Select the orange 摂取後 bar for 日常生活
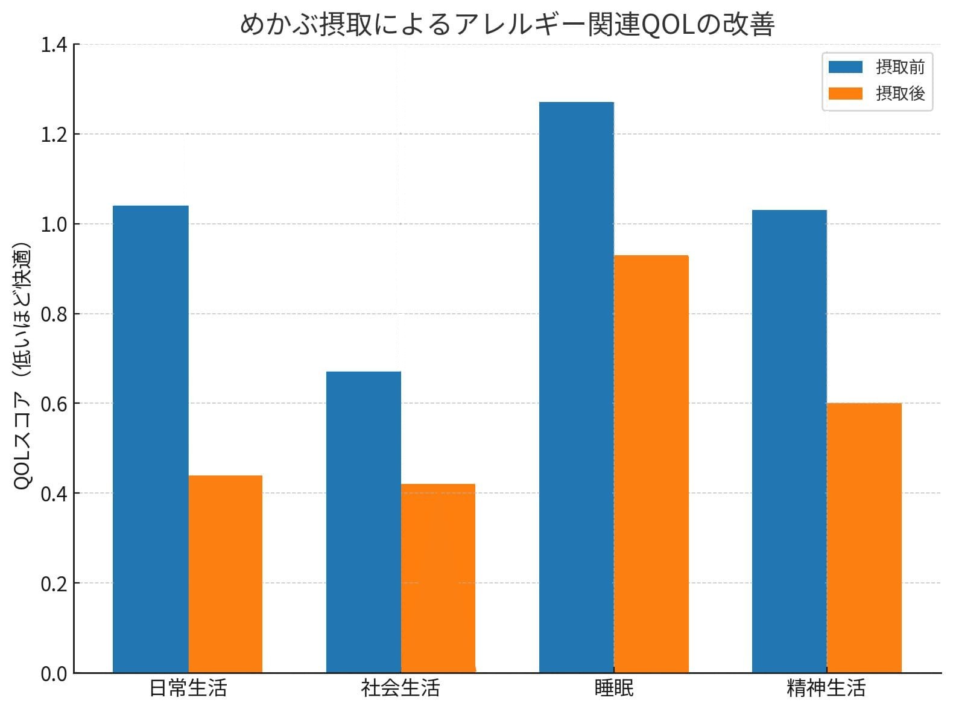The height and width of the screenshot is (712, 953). tap(226, 574)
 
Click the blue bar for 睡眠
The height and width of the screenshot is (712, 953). tap(577, 387)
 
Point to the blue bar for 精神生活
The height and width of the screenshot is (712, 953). tap(790, 441)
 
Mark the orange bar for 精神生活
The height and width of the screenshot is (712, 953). tap(864, 538)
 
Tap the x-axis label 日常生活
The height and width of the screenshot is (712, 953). tap(188, 688)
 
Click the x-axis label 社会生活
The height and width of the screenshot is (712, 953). tap(401, 688)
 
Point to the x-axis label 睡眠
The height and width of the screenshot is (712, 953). tap(614, 688)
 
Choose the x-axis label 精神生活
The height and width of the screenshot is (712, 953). tap(826, 688)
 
